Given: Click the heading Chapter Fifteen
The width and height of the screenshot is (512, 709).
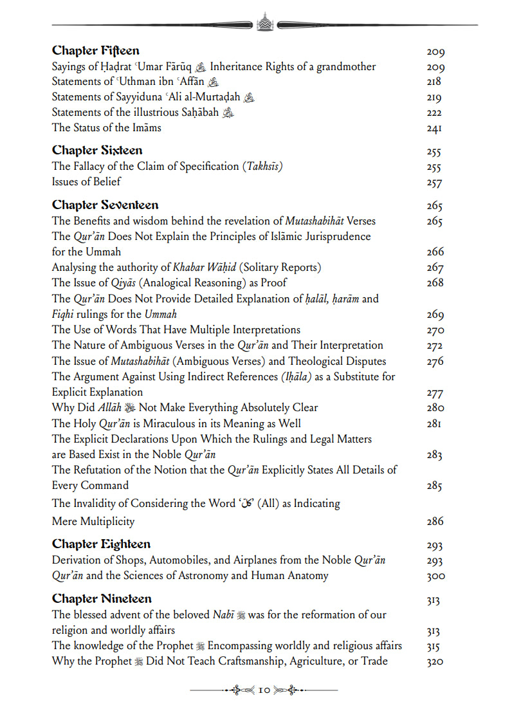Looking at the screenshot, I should coord(95,51).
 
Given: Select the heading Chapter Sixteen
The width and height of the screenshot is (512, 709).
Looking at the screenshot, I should coord(97,151).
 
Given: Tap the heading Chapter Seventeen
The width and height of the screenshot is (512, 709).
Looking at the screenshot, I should coord(105,205).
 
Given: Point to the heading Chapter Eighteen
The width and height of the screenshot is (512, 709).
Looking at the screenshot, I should coord(101,544).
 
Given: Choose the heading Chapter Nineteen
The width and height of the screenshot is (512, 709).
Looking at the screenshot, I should coord(102,599).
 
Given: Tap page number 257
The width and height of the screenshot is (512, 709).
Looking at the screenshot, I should coord(434,183).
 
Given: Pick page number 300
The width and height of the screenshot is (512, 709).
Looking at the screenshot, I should coord(435,576).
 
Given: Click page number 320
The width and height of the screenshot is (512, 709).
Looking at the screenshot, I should coord(435,662).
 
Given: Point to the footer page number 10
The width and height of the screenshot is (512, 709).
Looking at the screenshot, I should coord(264,690).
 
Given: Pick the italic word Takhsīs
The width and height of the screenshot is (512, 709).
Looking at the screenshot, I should coord(262,166).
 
